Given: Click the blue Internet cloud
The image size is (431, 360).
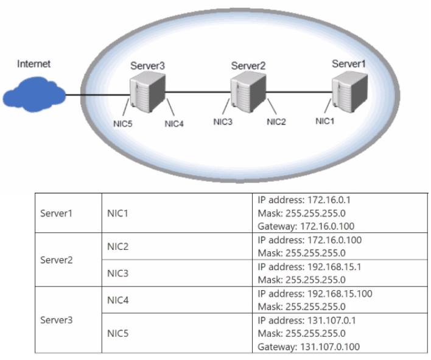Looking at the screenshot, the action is coord(34,94).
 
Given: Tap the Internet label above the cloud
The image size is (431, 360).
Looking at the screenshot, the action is coord(34,64).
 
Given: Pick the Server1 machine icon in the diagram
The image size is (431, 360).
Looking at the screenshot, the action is coord(349,91).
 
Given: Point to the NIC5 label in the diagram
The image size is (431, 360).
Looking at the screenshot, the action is coord(123,124).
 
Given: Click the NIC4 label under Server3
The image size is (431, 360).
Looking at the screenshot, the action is coord(174,124).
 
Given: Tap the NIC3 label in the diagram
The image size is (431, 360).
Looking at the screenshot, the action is coord(223,122).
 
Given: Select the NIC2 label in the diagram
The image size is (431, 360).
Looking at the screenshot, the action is coord(276,122).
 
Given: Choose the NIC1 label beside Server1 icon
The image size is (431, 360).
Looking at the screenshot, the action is coord(325,121).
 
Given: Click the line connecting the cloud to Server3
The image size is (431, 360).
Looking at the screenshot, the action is coord(97,95).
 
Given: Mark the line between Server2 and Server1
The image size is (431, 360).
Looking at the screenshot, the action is coord(299,92).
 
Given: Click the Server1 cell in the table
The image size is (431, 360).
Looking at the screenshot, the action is coord(57,213).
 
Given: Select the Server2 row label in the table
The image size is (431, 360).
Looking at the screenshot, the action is coord(57,260).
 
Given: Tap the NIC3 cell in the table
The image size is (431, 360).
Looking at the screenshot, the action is coord(117,273).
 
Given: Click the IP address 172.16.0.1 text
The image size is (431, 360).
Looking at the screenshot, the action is coord(304,200).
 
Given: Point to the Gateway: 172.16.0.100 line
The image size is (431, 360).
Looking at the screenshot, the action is coord(306,226).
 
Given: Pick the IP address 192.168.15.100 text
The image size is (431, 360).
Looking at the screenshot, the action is coord(315,294).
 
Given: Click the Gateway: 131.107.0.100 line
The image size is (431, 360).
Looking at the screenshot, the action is coord(309,347).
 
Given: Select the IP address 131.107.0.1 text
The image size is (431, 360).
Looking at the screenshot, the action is coord(307,320).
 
